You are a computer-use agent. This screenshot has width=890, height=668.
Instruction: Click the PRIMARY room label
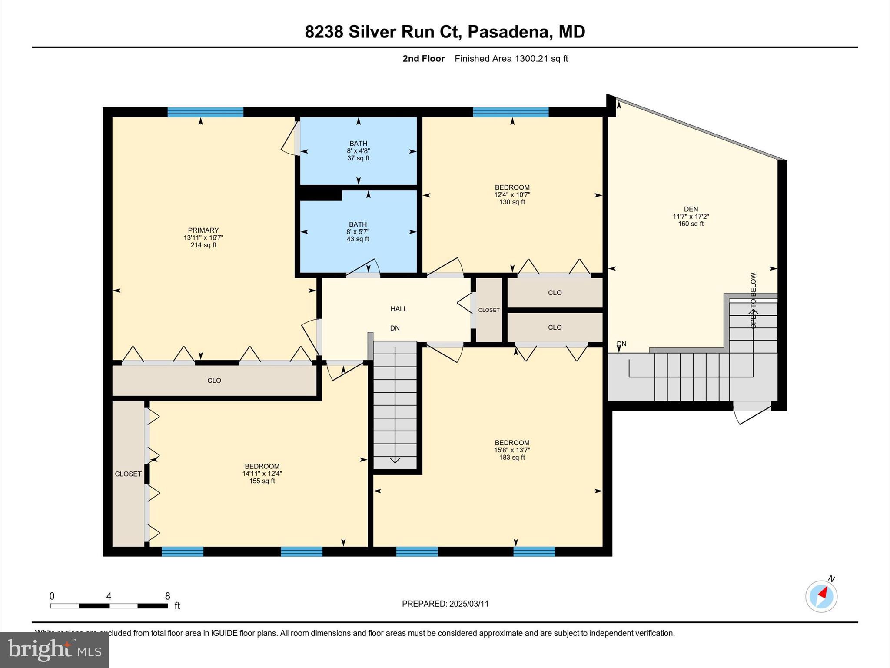[203, 230]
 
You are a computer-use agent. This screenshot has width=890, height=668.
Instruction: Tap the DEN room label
[691, 209]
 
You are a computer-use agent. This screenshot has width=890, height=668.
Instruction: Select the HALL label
[399, 309]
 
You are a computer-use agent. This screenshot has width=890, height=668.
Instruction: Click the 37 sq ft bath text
[358, 158]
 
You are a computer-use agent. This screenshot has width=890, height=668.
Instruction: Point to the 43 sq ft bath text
[358, 239]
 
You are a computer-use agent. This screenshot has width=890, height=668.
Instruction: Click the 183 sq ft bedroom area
[512, 458]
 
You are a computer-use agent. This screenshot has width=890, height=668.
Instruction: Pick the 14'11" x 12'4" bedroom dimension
[262, 474]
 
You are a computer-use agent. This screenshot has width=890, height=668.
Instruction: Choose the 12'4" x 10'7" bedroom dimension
[512, 195]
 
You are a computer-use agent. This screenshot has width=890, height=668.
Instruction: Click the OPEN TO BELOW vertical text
[753, 300]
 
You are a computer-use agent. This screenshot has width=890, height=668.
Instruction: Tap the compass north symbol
[821, 596]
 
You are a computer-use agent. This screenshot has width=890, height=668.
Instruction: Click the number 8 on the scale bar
[168, 596]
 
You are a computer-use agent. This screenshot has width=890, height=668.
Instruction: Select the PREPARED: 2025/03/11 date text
[445, 604]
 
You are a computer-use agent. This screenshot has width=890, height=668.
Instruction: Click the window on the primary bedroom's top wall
[205, 112]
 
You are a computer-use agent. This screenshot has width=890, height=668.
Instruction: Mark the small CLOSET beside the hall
[489, 310]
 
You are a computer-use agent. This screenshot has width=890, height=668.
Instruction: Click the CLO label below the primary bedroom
[214, 381]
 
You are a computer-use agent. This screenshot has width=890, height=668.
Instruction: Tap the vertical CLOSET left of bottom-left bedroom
[128, 474]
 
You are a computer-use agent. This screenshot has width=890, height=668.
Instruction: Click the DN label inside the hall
[395, 328]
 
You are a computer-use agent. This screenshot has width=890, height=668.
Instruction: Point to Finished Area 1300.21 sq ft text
[511, 59]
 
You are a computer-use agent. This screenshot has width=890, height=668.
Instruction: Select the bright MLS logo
[54, 650]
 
